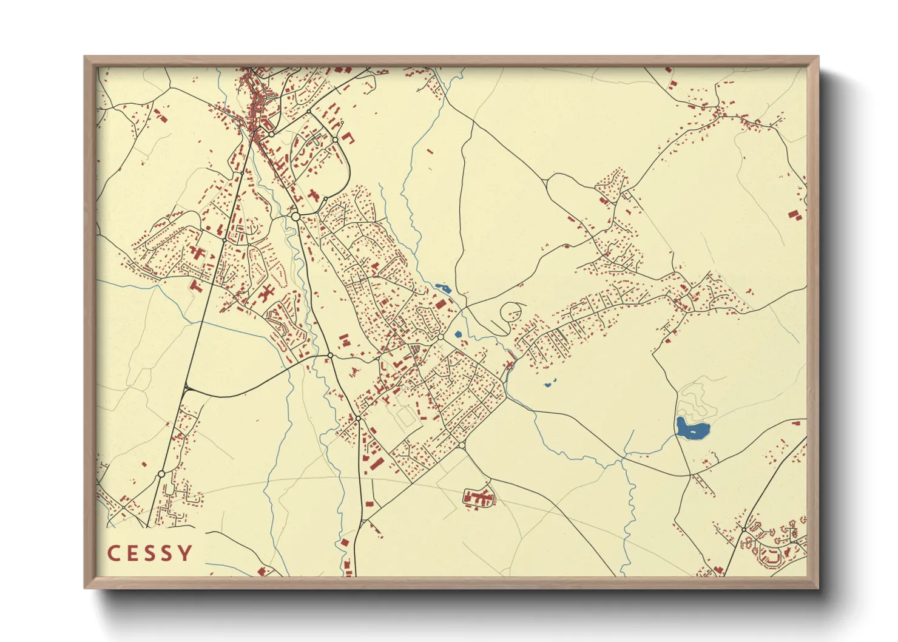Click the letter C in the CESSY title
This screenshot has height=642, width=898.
114,553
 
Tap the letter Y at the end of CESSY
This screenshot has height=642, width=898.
185,553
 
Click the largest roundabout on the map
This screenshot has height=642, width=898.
295,216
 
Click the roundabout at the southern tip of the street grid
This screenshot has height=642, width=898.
462,446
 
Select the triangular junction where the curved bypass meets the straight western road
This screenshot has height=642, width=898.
187,388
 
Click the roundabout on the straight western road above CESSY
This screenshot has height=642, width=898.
161,474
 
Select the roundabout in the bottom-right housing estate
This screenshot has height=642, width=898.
744,530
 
